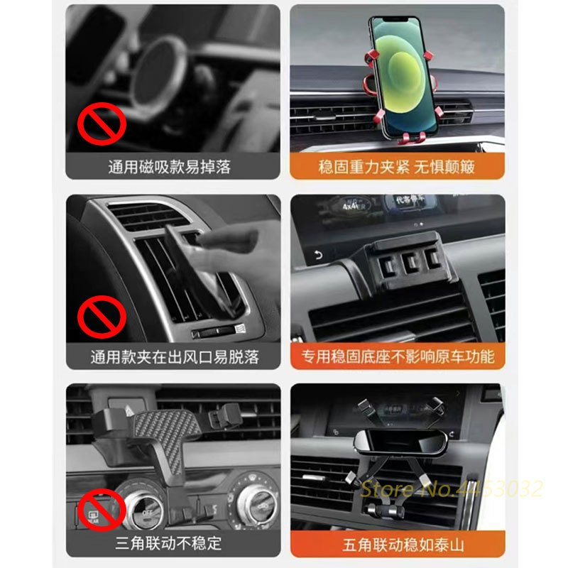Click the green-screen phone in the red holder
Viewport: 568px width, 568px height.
(402, 76)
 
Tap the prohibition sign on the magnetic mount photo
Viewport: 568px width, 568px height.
(102, 124)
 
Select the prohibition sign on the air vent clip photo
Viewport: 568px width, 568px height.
(102, 317)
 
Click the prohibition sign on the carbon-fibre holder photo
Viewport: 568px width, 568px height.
(102, 510)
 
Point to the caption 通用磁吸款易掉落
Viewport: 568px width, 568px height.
(169, 167)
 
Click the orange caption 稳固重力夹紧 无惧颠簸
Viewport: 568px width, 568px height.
(397, 167)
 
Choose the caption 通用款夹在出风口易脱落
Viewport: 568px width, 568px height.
(175, 357)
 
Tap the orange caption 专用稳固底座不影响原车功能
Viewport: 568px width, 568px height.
(398, 357)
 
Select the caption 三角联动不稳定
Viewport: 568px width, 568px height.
(168, 543)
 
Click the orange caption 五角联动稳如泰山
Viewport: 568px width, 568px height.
(403, 545)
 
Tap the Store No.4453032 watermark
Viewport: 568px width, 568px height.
(452, 488)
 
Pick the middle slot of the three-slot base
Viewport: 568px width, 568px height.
(410, 261)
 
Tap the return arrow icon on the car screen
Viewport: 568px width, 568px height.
(318, 256)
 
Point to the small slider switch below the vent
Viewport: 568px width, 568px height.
(218, 332)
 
